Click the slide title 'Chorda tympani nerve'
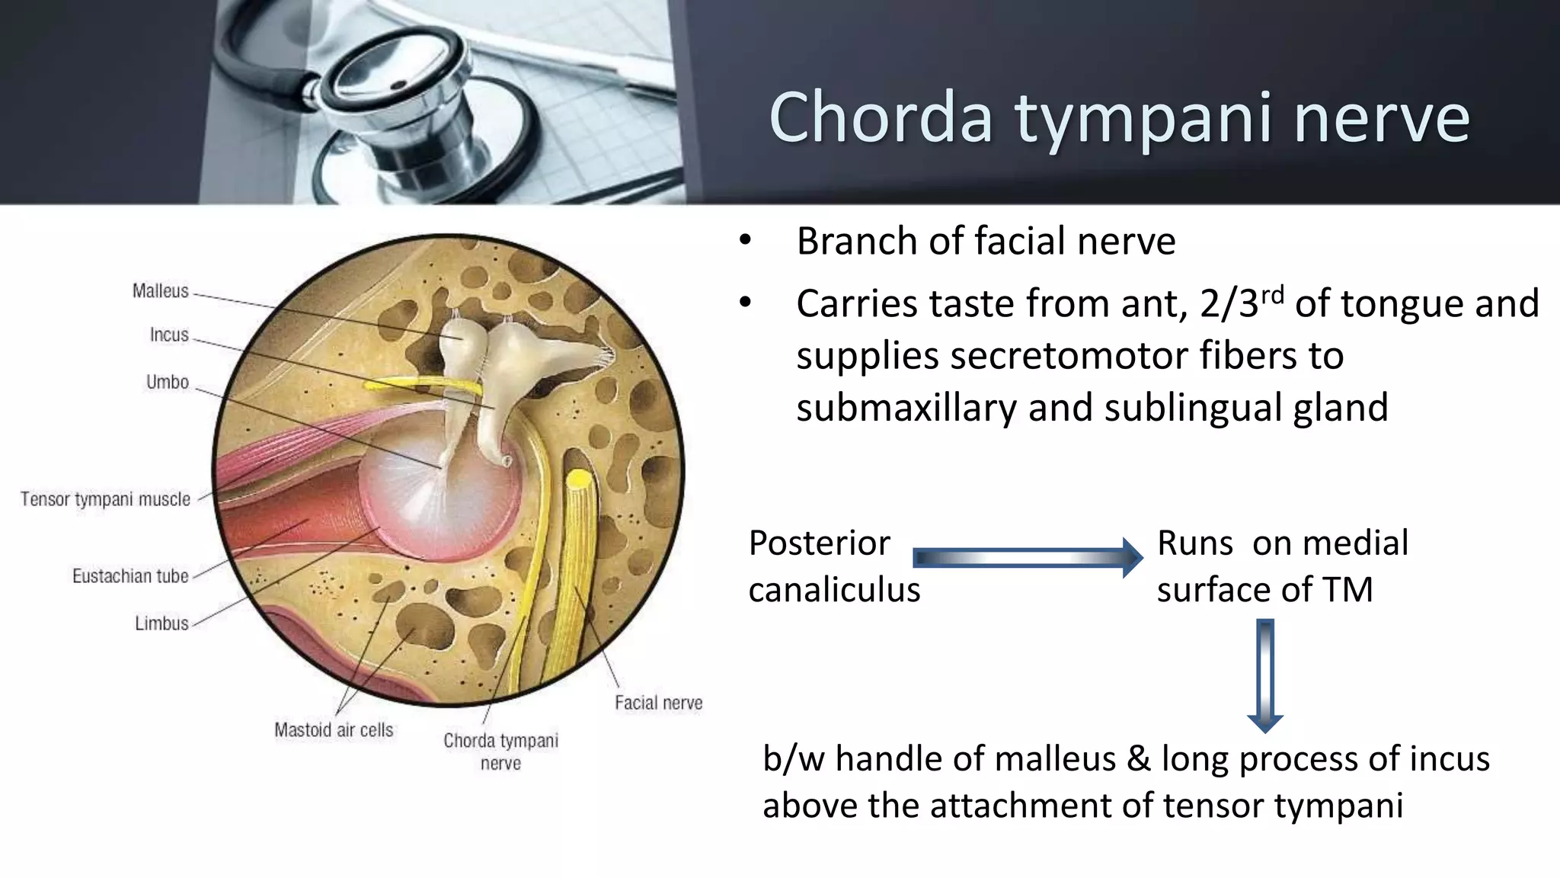[1118, 117]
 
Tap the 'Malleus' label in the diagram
[160, 291]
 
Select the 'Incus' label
[168, 335]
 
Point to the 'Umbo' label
[167, 382]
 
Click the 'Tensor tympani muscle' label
[105, 499]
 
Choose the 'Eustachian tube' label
[130, 576]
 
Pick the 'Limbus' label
[161, 623]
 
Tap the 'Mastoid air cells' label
[334, 730]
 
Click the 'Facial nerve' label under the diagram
[658, 703]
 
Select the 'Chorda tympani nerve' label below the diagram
[500, 751]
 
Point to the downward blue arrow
[1265, 675]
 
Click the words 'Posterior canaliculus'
[833, 566]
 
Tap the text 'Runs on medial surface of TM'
[1281, 566]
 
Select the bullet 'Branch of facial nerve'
[985, 242]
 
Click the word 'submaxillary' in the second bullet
[906, 408]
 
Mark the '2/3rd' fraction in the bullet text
[1240, 303]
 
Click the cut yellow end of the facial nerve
[578, 479]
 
